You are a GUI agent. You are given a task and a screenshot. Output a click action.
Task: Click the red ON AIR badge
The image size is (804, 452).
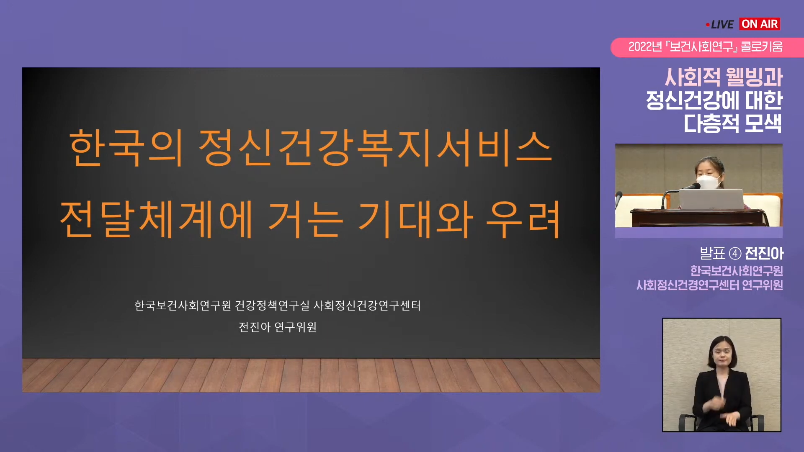[760, 24]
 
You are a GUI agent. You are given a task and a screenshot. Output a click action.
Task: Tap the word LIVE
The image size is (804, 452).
[722, 25]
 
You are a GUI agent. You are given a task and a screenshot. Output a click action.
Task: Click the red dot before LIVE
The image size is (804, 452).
[708, 25]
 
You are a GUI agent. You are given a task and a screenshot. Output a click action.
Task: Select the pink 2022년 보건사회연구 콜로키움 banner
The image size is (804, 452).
[697, 47]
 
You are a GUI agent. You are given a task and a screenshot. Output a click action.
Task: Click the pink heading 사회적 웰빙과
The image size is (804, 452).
[724, 77]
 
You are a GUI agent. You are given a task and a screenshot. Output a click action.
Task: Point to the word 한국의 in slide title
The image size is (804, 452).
[126, 148]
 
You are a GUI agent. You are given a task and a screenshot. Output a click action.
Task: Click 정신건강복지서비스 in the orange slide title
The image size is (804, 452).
[375, 148]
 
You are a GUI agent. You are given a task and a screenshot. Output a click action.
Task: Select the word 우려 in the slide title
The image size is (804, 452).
[523, 219]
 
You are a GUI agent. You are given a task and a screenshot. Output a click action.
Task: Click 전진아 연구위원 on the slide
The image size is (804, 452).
[278, 327]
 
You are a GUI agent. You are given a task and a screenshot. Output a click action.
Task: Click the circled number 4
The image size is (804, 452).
[735, 254]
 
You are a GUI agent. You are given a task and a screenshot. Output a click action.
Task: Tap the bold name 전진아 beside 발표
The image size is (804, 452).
[764, 253]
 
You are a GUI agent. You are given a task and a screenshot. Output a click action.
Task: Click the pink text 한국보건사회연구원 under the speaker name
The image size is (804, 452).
[737, 271]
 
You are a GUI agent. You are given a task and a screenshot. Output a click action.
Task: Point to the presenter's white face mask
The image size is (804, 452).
[707, 182]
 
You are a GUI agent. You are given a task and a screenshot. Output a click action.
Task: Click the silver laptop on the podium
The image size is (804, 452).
[711, 199]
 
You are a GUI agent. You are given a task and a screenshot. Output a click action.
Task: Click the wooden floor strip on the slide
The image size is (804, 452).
[311, 375]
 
